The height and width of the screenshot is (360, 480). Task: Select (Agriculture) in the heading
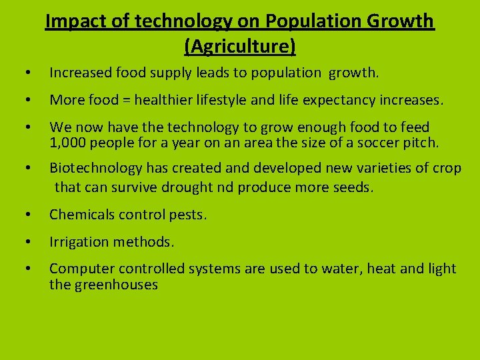[240, 47]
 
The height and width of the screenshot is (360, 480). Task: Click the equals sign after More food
[125, 101]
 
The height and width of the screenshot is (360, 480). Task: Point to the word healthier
[165, 101]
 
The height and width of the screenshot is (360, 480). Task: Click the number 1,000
[69, 142]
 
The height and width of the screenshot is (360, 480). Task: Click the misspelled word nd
[225, 187]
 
